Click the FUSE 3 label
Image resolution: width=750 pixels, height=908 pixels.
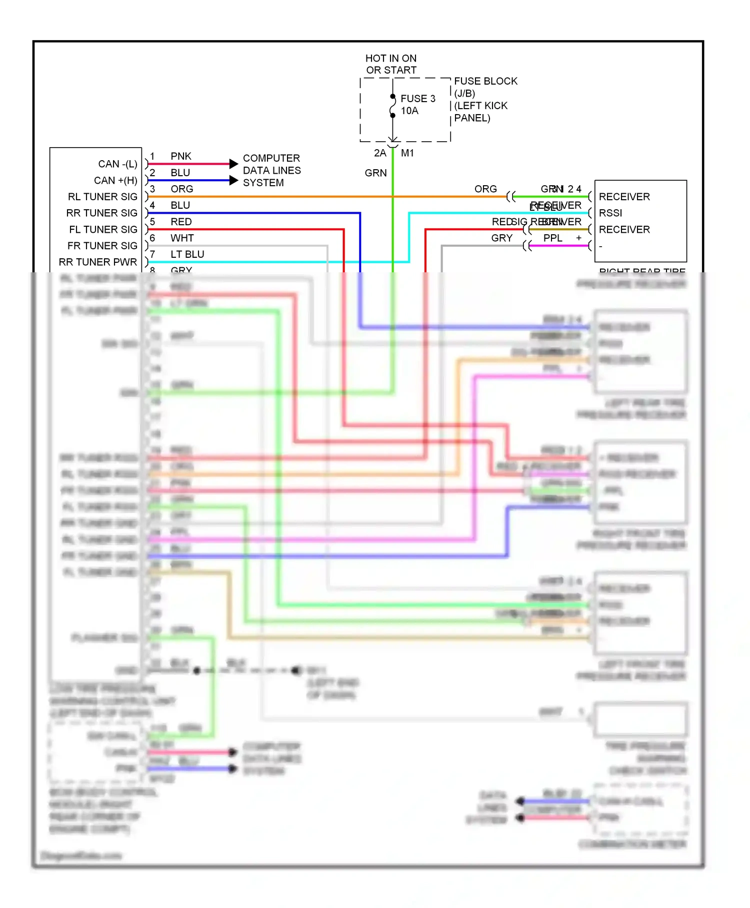coord(417,99)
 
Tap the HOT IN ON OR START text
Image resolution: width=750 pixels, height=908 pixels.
coord(391,64)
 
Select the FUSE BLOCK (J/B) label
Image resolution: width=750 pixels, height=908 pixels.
coord(485,87)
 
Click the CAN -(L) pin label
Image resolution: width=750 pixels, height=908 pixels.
coord(117,164)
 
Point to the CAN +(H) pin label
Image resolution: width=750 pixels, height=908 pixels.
coord(115,180)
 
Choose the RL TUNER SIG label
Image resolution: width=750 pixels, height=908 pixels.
coord(102,197)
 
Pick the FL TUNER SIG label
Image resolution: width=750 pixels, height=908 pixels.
coord(103,229)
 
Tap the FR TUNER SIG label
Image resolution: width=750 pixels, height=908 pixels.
coord(102,246)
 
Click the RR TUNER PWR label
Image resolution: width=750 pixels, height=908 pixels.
coord(98,262)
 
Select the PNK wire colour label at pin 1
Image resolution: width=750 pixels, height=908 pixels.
coord(180,156)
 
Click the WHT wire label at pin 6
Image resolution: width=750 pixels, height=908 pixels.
coord(181,238)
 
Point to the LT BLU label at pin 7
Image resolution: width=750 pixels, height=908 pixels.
coord(187,254)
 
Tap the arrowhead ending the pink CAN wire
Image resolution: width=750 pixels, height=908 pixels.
coord(233,164)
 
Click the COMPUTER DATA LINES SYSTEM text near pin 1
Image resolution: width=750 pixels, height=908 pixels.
coord(271,170)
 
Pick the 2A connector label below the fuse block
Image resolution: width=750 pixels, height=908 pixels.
coord(380,153)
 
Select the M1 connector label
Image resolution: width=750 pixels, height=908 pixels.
coord(407,153)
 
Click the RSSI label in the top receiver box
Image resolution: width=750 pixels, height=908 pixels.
coord(610,213)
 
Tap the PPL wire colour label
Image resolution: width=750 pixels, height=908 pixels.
coord(553,238)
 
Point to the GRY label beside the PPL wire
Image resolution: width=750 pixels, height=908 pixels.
coord(501,238)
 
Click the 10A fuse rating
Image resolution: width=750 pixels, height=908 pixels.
coord(409,111)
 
